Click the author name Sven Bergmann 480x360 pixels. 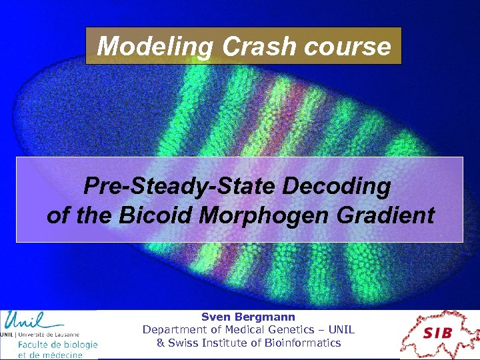[248, 317]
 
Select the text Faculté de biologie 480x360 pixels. [57, 345]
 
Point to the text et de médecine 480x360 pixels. [51, 355]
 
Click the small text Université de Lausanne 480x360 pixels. [49, 334]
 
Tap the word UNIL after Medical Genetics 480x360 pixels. [341, 330]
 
